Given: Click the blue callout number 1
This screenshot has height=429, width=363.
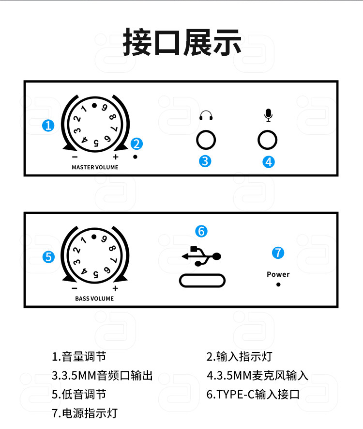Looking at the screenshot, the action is pos(48,126).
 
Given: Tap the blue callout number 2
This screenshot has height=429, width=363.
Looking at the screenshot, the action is pos(136,143).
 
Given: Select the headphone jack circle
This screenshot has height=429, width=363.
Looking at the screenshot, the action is pos(206,141).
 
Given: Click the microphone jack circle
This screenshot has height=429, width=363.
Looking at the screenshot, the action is pos(268,141).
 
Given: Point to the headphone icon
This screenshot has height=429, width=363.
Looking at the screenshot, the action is pos(206,116).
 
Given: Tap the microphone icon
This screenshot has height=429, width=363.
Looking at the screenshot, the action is pos(268,115).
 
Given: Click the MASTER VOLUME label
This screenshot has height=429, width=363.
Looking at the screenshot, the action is pos(95,167).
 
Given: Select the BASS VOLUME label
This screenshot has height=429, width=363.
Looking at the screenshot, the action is pos(94,299).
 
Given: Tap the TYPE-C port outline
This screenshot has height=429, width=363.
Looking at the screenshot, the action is pos(202,281).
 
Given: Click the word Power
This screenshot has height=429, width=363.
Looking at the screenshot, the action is pos(278,274).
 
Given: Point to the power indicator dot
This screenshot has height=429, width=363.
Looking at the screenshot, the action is pos(278,285).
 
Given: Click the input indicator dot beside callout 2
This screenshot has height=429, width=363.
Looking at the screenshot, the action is pos(136,157).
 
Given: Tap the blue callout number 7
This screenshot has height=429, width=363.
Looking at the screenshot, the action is pos(278,253).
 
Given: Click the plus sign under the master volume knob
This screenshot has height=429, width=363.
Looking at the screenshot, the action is pos(115,157).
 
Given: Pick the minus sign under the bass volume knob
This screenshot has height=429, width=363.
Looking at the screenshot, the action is pos(75,288).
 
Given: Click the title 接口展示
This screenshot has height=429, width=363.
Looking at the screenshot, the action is pos(181,42).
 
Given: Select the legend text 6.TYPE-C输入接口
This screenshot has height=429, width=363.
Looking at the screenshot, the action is pos(253,394).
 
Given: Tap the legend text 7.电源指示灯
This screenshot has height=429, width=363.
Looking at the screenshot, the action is pos(85,413).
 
